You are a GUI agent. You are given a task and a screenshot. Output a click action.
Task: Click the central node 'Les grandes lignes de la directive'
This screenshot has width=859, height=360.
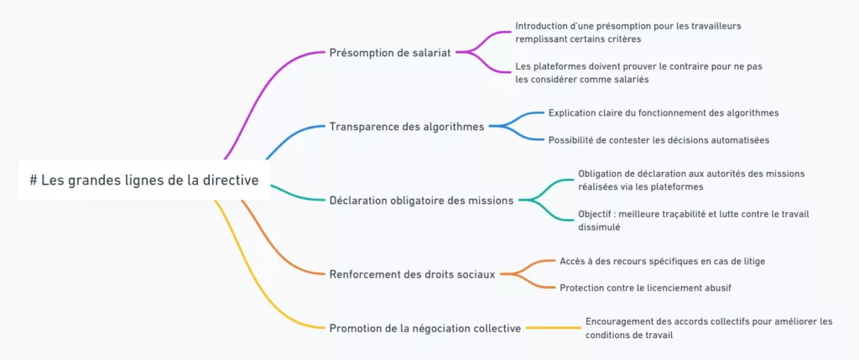pos(144,180)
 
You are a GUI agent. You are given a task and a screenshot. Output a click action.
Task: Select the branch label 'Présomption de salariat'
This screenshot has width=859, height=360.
pos(390,52)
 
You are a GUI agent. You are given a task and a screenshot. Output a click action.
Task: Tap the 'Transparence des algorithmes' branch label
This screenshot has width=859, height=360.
pos(407,127)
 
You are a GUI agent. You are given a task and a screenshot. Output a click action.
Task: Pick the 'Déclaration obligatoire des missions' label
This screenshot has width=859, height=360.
pos(423,200)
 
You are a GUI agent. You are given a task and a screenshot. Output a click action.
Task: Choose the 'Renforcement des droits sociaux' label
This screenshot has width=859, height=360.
pos(412,273)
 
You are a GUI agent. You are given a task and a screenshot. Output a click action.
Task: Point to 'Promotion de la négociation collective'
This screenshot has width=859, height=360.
pos(425,327)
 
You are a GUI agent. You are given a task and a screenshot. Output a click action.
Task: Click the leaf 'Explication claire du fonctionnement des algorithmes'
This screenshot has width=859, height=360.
pos(664,112)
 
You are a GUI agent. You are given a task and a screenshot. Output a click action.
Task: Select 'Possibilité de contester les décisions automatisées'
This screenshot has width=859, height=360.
pos(659,139)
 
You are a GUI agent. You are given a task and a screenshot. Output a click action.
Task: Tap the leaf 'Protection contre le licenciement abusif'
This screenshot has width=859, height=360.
pos(645,287)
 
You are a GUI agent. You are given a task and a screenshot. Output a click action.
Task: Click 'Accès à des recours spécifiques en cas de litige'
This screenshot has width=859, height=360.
pos(662,261)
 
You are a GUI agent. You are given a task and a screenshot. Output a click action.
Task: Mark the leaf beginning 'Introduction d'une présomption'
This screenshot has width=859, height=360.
pos(627,32)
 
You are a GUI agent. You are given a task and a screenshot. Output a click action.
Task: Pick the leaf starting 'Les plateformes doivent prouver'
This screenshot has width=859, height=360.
pos(638,72)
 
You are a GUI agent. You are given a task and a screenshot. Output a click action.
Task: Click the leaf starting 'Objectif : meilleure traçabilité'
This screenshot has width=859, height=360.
pos(693,220)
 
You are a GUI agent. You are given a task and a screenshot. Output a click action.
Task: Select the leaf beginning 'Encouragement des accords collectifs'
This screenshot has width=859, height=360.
pos(709,327)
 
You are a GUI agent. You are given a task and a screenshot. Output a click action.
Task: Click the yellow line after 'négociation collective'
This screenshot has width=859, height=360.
pos(554,327)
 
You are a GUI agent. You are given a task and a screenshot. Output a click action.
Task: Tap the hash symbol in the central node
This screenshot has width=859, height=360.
pos(34,180)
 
